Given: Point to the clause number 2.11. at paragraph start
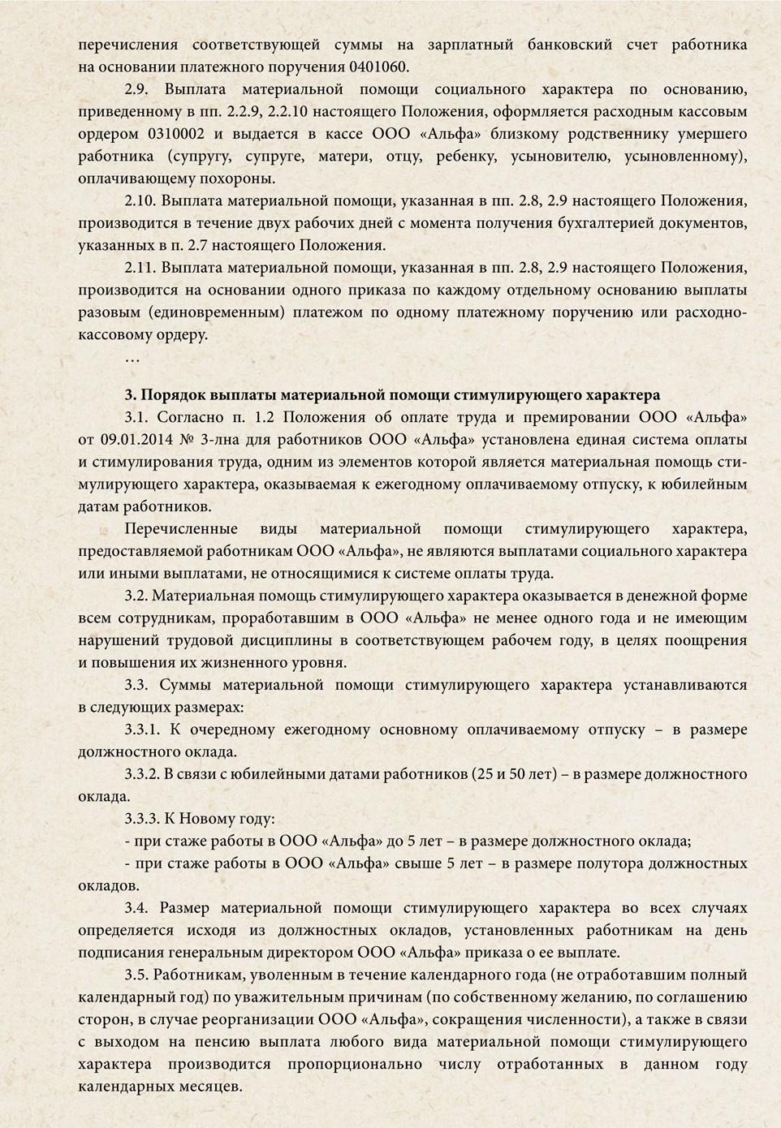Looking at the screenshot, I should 141,267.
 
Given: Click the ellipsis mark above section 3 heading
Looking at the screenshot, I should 132,357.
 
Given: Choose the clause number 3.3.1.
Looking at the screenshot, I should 146,730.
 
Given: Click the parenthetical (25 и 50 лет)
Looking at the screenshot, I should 515,773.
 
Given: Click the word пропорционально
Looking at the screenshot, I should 359,1064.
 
